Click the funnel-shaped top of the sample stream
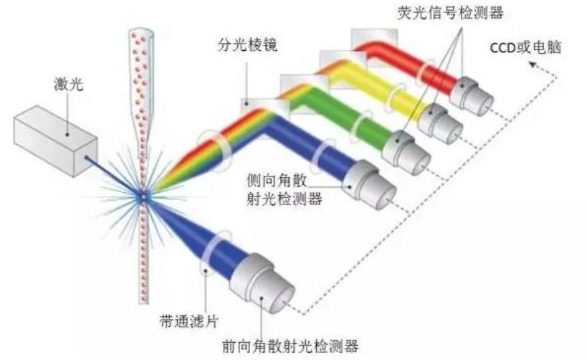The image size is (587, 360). coord(141,50)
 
